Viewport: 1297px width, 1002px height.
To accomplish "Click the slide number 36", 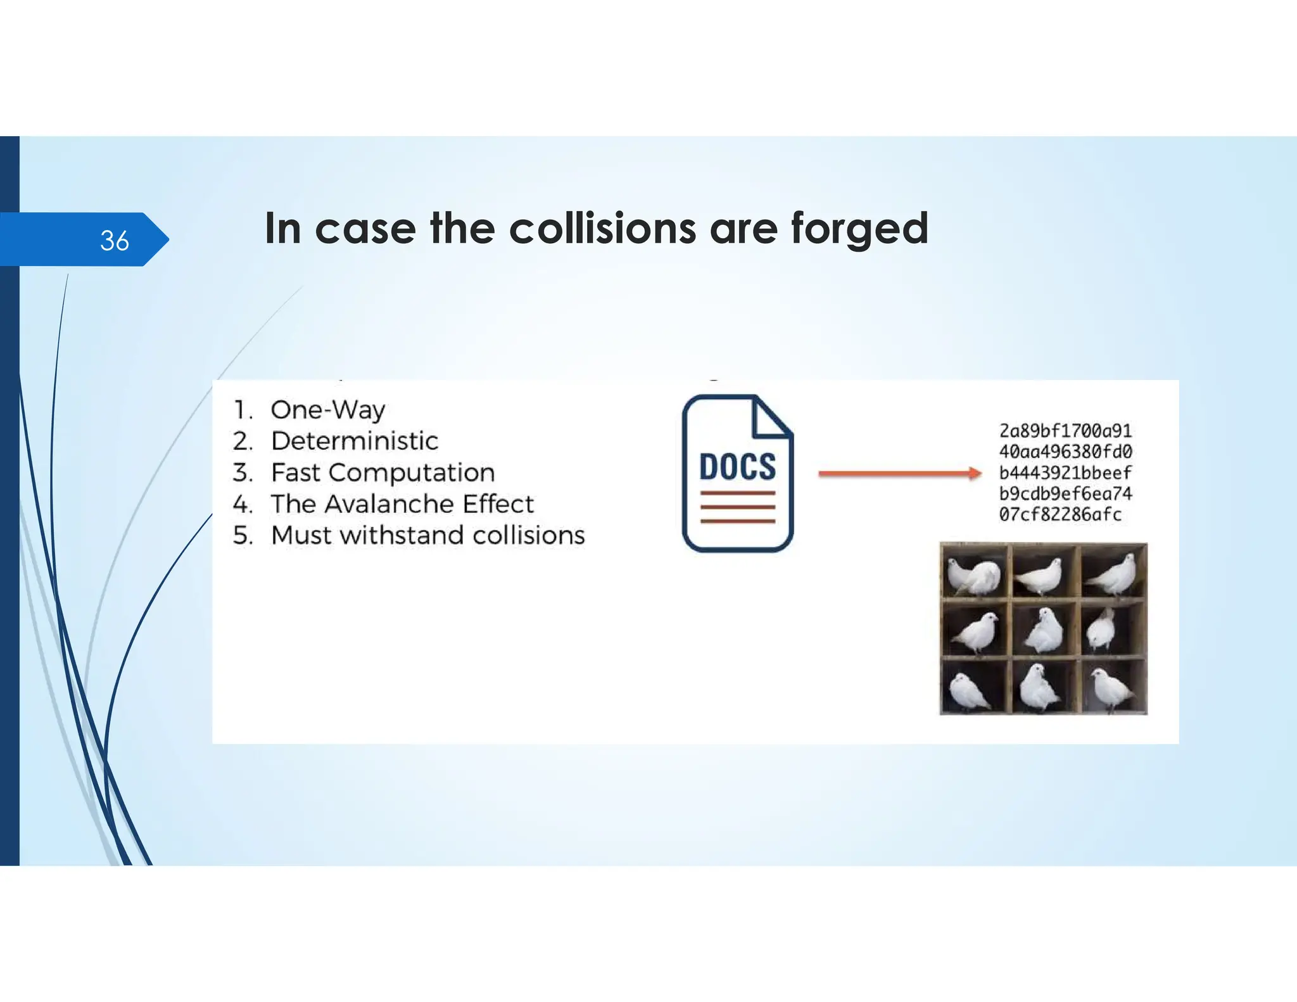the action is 114,241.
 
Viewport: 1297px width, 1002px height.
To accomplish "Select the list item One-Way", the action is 327,410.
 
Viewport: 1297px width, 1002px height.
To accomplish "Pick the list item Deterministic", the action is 354,441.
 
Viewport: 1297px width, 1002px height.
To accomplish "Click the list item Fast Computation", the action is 383,472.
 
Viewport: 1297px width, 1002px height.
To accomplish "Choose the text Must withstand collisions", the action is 427,535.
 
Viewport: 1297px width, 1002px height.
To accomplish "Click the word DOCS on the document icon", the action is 737,467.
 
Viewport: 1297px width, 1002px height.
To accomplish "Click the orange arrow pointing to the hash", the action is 899,473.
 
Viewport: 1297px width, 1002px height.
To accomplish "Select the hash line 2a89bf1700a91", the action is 1065,431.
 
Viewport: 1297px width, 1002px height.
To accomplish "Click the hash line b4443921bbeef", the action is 1065,472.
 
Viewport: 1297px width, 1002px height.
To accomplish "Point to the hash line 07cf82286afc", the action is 1060,514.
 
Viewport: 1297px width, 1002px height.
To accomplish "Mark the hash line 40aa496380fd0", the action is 1065,452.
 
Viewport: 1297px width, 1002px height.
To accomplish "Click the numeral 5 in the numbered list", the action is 242,535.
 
